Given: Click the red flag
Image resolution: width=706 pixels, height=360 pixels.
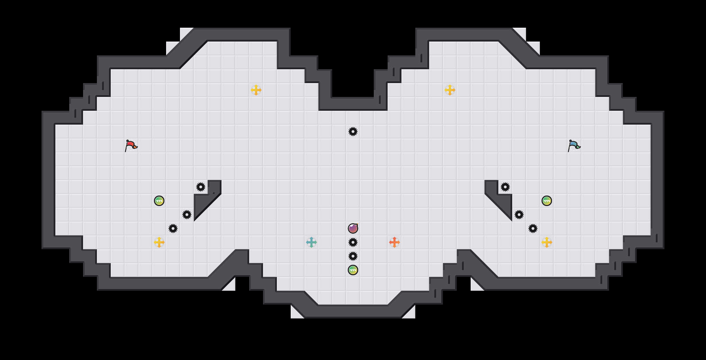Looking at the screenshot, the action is coord(131,145).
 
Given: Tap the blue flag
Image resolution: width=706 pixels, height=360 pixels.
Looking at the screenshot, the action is coord(574,145).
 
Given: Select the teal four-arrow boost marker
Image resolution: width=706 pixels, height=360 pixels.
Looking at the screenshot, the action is coord(311,242).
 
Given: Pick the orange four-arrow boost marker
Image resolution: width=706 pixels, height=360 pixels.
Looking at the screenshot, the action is coord(395,242).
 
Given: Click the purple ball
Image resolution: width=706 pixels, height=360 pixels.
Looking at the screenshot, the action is coord(353,228).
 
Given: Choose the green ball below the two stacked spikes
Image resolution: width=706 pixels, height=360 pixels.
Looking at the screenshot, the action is coord(353,270).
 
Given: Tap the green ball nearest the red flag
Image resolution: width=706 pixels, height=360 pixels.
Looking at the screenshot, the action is coord(159,201).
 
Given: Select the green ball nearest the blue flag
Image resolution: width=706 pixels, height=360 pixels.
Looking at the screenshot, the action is coord(547,201).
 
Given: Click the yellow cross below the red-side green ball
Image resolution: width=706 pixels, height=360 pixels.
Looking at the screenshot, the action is coord(159,242).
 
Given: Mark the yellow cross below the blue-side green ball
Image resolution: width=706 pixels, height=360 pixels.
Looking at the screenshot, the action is coord(547,242).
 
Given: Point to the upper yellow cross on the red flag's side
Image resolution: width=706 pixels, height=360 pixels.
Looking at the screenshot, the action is coord(256,90).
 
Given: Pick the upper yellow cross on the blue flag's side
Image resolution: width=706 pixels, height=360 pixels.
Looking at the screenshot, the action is coord(450,90).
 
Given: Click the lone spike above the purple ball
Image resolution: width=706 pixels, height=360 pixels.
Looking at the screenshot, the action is coord(353,132).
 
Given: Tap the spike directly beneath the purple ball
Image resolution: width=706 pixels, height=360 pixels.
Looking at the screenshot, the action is coord(353,242).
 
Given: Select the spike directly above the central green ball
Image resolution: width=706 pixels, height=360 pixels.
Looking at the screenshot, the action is coord(353,256).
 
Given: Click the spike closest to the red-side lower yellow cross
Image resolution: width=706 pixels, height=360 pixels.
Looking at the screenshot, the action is coord(173,228).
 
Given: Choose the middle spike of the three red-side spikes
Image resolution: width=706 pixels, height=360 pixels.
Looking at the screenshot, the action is coord(187,215).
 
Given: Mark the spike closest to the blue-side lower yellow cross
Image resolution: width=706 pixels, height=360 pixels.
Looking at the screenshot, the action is coord(533,228).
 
